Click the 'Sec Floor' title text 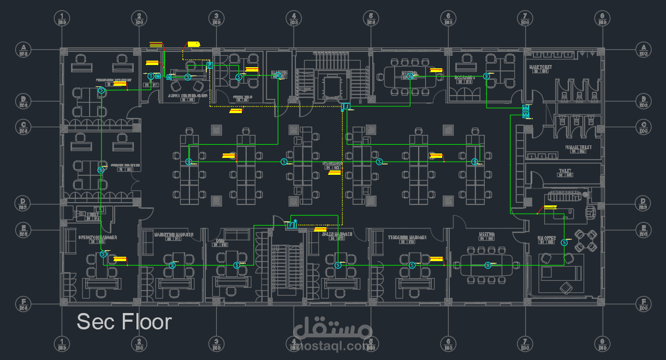124,322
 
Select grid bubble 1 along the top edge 62,17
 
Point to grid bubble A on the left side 23,49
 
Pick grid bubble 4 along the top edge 294,17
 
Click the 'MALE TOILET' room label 540,67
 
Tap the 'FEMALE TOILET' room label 579,147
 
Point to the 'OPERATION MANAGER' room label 97,238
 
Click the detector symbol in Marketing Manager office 173,265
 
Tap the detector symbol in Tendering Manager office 413,265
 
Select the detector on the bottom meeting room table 489,265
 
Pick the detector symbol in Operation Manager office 103,254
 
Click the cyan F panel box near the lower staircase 291,225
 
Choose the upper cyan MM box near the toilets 526,108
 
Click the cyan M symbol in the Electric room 278,76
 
